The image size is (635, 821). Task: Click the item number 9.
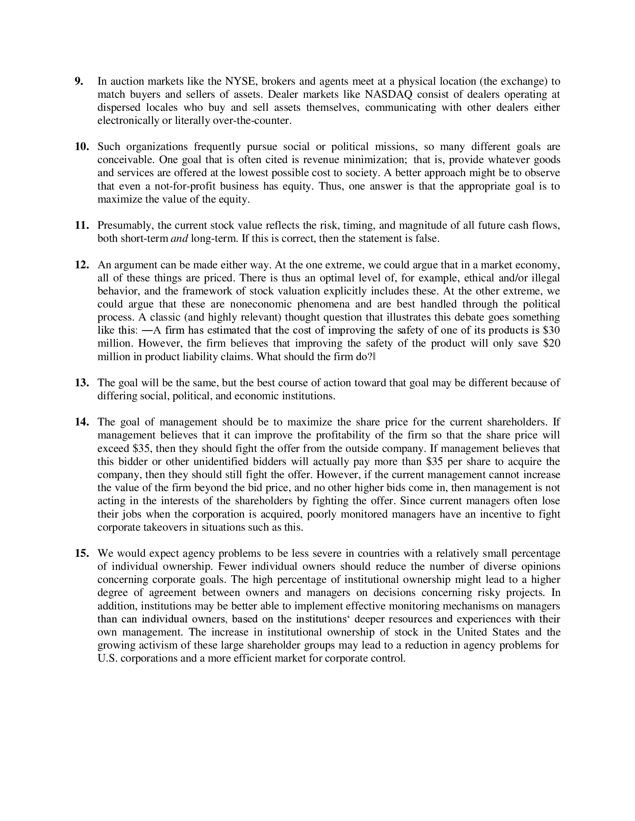coord(79,81)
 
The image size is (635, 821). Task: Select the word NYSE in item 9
coord(240,81)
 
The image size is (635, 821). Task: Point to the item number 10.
coord(82,147)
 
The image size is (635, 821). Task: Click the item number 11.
coord(82,225)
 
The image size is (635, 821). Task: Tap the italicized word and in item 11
coord(179,239)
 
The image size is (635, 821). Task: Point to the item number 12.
coord(82,265)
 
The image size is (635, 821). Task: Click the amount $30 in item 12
coord(551,330)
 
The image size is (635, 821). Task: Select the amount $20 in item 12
coord(551,344)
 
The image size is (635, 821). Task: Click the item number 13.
coord(82,383)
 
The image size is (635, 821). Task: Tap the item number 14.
coord(82,422)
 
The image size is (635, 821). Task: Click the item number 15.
coord(82,553)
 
